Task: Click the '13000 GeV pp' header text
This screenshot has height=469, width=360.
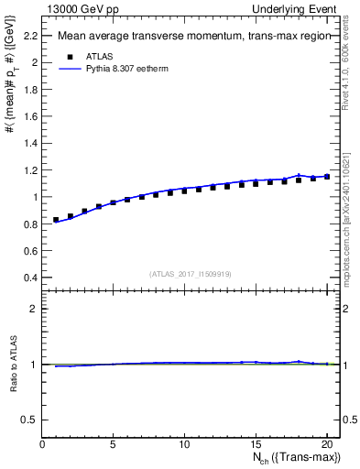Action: point(79,8)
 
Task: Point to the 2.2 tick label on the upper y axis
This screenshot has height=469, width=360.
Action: point(29,35)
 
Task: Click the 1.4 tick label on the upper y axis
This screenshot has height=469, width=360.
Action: point(29,143)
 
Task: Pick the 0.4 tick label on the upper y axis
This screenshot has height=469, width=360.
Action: point(29,278)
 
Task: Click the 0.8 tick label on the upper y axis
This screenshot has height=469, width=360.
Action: point(29,224)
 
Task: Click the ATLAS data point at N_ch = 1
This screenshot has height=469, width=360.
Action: point(56,220)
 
